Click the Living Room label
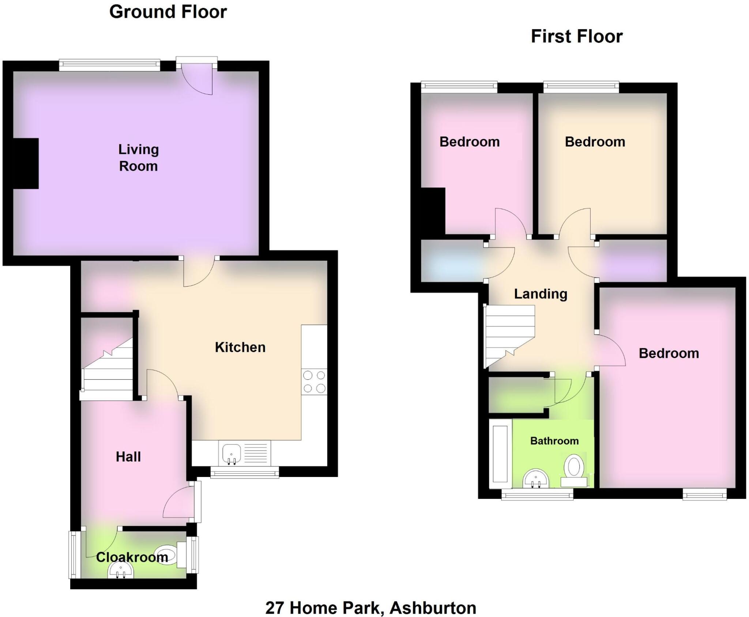(x=138, y=158)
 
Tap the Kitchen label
(x=240, y=347)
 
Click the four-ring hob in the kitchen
(x=314, y=382)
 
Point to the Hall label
(x=128, y=457)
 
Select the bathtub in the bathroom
(x=501, y=453)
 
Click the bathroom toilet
(x=574, y=470)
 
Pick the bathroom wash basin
(x=536, y=479)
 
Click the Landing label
(x=541, y=294)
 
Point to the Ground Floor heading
(x=168, y=12)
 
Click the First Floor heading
(x=577, y=37)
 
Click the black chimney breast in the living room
(x=26, y=163)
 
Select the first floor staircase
(x=509, y=334)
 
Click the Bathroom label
(x=554, y=441)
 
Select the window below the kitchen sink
(x=245, y=474)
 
